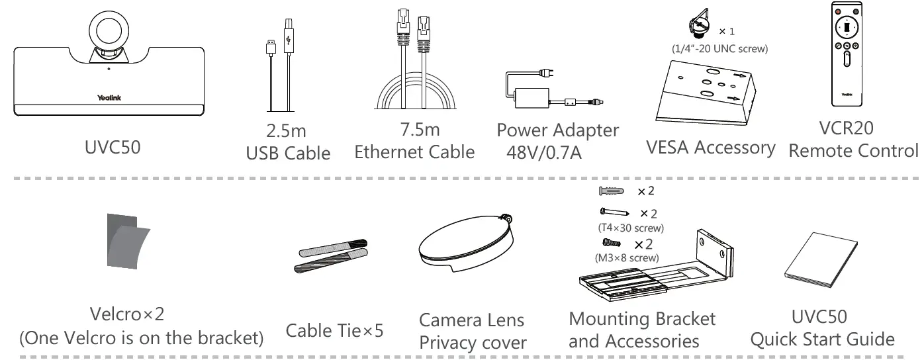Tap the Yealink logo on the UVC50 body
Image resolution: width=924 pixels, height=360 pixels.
click(x=109, y=98)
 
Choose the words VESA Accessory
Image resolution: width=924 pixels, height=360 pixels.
click(x=710, y=148)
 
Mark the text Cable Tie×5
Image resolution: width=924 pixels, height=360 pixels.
click(x=334, y=329)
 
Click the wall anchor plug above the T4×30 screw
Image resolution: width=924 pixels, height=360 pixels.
click(x=611, y=192)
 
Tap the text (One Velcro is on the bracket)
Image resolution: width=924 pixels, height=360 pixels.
click(x=141, y=337)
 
